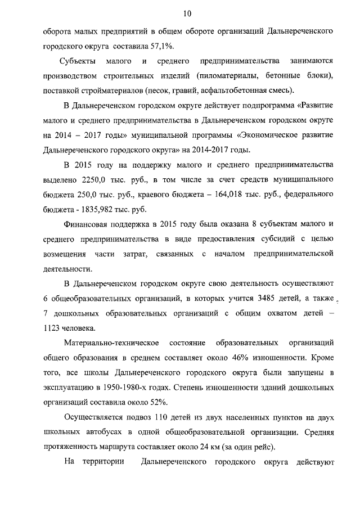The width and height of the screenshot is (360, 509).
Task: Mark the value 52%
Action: [155, 402]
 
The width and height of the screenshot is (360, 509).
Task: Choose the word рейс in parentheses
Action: [263, 447]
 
